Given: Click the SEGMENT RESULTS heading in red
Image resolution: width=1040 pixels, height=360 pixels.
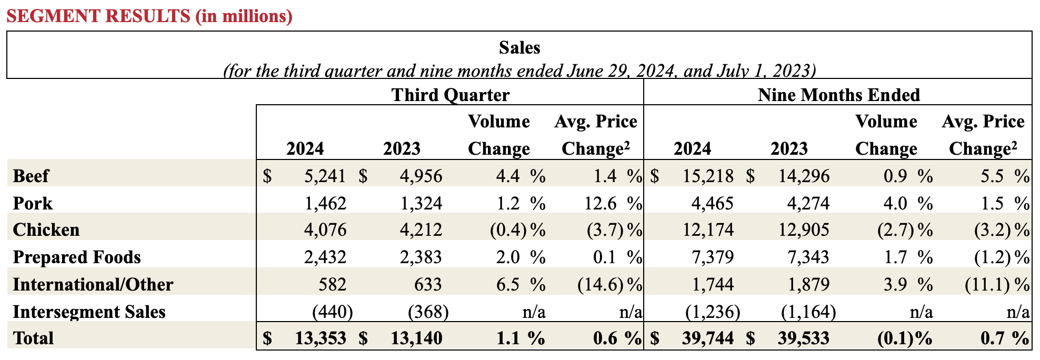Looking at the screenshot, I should tap(149, 16).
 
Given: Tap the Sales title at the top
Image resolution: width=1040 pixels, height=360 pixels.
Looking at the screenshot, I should tap(519, 48).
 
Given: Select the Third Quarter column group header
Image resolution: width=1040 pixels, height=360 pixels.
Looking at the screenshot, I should tap(450, 95).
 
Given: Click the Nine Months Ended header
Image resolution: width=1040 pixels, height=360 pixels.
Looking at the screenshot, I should tap(838, 95).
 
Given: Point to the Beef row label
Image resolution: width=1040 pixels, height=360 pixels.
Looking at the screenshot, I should tap(31, 176).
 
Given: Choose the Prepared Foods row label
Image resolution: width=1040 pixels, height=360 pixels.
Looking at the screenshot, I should tap(77, 257).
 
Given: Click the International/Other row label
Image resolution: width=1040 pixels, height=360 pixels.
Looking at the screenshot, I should tap(93, 285).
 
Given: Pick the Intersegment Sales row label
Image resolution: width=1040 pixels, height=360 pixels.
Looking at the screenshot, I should tap(89, 312).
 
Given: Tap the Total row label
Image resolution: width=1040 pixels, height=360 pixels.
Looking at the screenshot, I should tap(33, 338).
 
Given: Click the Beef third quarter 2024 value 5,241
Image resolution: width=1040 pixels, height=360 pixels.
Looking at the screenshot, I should tap(325, 176).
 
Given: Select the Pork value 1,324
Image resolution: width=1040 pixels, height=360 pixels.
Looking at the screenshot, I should tap(421, 203).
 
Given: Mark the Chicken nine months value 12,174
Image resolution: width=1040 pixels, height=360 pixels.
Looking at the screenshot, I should tap(708, 230).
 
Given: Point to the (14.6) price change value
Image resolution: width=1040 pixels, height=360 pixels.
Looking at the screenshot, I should tap(601, 285).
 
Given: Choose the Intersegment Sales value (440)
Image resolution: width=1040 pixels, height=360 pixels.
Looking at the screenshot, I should tap(332, 312).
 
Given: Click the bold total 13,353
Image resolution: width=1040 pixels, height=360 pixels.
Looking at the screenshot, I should tap(320, 338).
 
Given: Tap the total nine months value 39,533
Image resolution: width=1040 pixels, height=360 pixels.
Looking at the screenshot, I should tap(803, 338).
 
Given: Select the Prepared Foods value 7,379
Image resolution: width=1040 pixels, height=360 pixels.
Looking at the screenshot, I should tap(712, 257).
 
